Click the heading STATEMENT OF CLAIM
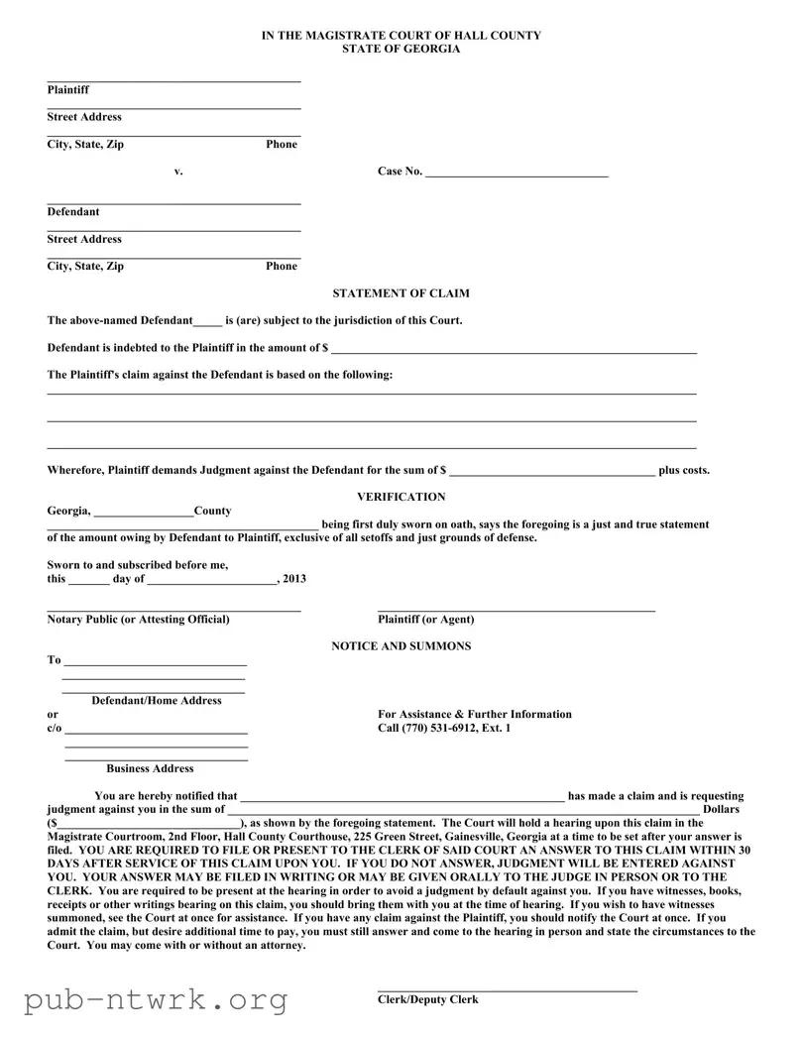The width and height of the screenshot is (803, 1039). click(x=401, y=293)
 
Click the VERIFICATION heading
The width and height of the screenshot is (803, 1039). click(x=401, y=497)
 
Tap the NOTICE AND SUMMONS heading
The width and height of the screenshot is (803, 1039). click(x=401, y=646)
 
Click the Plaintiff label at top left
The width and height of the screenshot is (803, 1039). click(x=67, y=90)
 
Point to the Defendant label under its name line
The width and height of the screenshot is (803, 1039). click(x=73, y=211)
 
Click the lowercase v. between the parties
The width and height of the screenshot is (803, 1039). click(x=178, y=172)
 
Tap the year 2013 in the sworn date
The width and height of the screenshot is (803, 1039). click(x=294, y=579)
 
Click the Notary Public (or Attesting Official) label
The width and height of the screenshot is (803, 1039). click(x=138, y=620)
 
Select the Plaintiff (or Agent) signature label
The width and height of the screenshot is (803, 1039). click(x=425, y=620)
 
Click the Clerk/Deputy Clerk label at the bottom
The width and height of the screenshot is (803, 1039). click(x=427, y=999)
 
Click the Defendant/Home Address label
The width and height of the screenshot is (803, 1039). click(x=157, y=701)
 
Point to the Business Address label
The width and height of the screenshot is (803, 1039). click(x=150, y=768)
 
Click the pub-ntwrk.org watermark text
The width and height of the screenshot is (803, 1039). click(x=156, y=1000)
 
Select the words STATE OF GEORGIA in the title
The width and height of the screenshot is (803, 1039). click(x=401, y=49)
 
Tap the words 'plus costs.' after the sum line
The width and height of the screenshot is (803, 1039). click(x=684, y=471)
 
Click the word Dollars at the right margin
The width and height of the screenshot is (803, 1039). click(x=728, y=810)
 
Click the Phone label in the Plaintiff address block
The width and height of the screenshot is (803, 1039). click(x=282, y=144)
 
